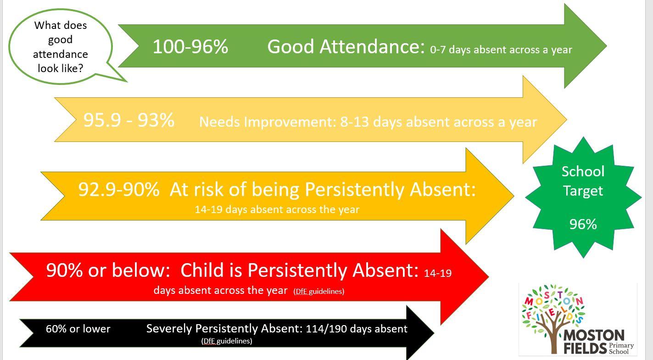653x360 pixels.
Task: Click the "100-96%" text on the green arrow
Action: (190, 47)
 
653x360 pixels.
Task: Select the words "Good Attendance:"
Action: (346, 47)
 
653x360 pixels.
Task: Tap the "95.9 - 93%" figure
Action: (129, 120)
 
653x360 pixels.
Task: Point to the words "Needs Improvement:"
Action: (268, 122)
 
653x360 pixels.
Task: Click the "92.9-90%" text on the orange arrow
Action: (119, 189)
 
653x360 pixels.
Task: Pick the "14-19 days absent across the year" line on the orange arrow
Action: (277, 209)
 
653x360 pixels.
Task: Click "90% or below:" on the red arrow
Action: (108, 270)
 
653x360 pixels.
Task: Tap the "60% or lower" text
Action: (78, 329)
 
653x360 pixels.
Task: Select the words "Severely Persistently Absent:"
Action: (224, 329)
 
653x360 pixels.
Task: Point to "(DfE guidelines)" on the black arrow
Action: (227, 341)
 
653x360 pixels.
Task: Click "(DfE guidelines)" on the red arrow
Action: (319, 292)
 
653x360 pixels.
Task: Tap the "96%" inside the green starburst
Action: (583, 225)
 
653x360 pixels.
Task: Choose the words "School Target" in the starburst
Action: (583, 181)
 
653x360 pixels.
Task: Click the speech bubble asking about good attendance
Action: (61, 47)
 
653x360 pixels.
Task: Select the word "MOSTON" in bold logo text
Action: (594, 336)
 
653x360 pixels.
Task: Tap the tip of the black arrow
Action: (434, 333)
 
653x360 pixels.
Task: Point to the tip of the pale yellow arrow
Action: (567, 119)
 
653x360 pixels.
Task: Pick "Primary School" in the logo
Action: (621, 349)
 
